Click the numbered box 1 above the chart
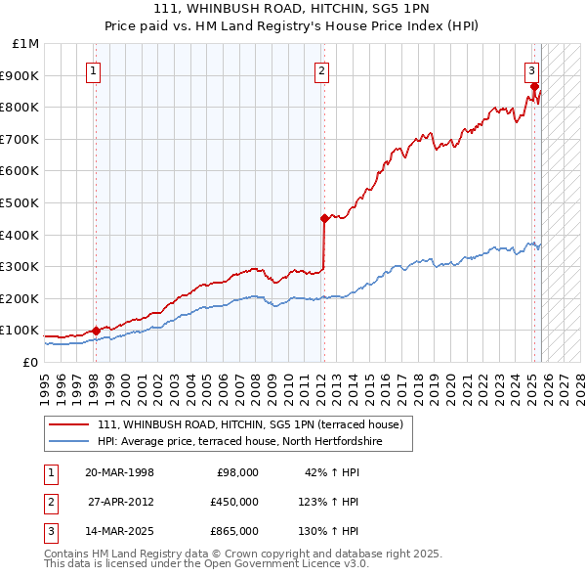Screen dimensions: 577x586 point(94,70)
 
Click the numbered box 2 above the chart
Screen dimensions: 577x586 point(321,70)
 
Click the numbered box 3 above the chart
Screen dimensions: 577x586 point(531,70)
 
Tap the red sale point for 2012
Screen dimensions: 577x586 point(323,218)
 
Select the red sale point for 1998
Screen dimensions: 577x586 point(96,331)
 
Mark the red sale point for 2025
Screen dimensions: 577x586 point(534,86)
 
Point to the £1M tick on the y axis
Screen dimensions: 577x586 point(26,44)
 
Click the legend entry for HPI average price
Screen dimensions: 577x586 point(239,442)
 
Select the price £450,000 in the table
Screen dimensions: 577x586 point(234,502)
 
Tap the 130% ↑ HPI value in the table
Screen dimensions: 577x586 point(330,531)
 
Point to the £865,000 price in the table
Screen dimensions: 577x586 point(234,531)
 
